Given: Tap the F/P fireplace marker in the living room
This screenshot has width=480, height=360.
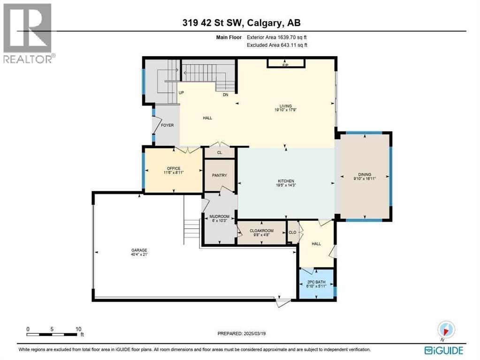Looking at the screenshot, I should (285, 65).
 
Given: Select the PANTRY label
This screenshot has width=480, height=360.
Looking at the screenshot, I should (220, 175).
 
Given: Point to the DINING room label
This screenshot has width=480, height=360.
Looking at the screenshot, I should (365, 174).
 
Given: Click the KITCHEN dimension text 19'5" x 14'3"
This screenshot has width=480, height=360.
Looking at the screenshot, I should (285, 185).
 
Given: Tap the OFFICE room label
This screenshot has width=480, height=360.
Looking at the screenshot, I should (174, 168).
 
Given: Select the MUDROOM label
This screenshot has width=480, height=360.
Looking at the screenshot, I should (219, 217).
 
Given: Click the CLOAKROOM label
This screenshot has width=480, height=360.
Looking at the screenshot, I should (261, 231).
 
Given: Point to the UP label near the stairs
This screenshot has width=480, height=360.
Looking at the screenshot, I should (181, 93).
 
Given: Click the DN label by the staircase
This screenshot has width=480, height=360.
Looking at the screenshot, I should (225, 95).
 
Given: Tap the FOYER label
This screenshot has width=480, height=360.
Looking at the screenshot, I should (167, 125).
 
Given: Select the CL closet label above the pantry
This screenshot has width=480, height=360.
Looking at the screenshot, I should (220, 152).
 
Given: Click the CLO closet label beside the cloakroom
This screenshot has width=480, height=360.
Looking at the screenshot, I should (292, 232).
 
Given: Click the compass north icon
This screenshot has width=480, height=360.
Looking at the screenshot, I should (446, 328).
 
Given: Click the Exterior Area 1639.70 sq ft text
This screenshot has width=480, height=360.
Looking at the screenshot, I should (277, 37).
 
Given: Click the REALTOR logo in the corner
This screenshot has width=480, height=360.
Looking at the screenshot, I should (28, 33).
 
